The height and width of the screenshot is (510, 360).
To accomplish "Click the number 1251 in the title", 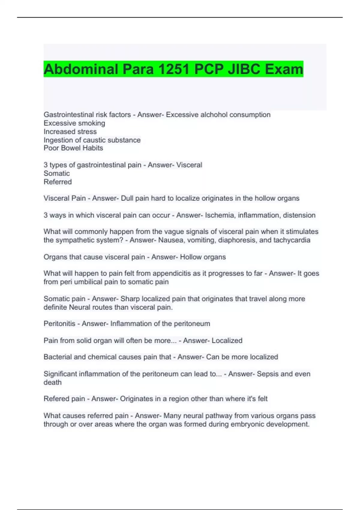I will coord(174,69).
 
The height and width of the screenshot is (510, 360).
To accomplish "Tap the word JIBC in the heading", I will coord(244,69).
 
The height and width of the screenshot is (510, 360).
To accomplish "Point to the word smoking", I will coord(91,123).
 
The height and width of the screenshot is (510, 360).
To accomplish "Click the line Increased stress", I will coord(70,131).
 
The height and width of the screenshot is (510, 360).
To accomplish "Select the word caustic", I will coord(94,140).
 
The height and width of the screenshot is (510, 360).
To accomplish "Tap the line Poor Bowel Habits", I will coord(73,148).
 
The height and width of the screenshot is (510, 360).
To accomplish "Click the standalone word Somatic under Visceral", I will coord(57,173).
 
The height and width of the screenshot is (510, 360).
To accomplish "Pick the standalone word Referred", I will coord(58,182).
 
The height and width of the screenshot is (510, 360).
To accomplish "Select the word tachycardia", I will coord(292,240).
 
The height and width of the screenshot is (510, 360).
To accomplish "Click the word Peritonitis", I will coord(59,323).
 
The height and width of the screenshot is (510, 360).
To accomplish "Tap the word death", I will coord(52,382).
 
